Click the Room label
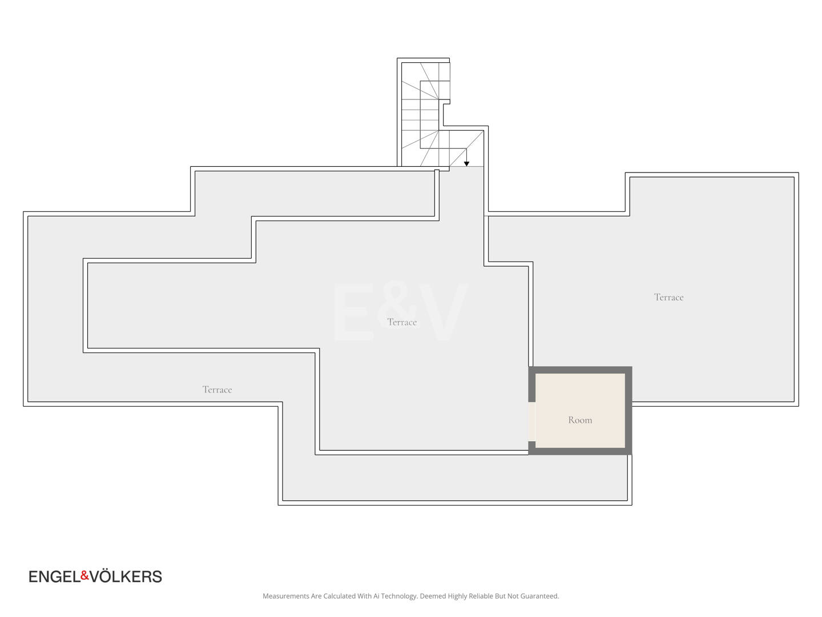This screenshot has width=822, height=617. [580, 420]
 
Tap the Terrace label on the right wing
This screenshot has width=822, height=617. [668, 297]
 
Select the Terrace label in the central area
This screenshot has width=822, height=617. [402, 322]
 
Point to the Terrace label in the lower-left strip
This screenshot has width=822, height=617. [217, 390]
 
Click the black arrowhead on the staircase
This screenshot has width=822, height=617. [466, 164]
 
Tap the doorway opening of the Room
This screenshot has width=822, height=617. [532, 422]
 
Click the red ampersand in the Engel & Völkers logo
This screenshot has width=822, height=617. [85, 575]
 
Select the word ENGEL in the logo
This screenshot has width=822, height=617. [55, 576]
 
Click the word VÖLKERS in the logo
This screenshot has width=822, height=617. [126, 576]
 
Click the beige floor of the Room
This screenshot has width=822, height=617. [580, 401]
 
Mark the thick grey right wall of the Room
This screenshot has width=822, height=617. [628, 411]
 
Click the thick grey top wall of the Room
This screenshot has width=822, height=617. [580, 370]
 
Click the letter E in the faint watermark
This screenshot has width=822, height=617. [353, 312]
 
